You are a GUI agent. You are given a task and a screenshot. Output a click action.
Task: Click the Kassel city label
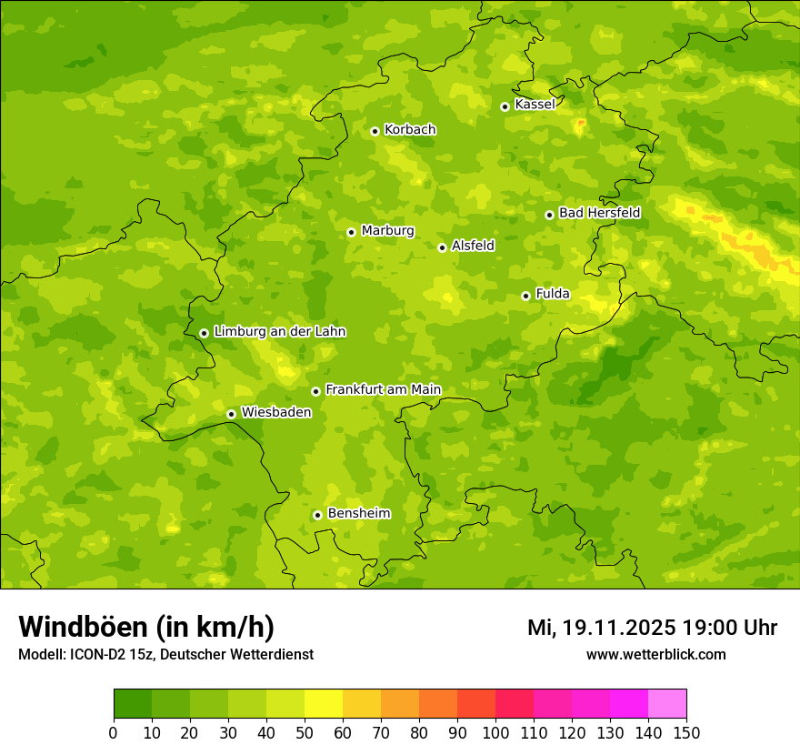tap(535, 105)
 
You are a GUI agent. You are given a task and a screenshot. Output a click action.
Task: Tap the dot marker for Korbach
tap(375, 131)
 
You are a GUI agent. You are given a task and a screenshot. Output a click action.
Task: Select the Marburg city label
tap(387, 231)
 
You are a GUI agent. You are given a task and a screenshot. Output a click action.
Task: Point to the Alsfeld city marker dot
tap(442, 247)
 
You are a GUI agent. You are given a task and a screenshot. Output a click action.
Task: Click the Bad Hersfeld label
tap(599, 213)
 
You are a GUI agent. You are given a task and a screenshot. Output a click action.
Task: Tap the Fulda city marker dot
tap(525, 296)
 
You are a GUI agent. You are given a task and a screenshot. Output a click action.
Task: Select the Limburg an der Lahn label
tap(279, 332)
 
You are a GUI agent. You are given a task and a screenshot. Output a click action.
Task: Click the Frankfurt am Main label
tap(383, 390)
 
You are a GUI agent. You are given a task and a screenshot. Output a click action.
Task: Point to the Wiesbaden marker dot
tap(231, 414)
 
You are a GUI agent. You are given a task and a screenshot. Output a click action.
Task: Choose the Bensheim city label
tap(358, 514)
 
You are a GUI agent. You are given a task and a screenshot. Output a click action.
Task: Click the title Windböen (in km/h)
tap(146, 628)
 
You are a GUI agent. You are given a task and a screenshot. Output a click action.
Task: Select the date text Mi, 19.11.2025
tap(601, 628)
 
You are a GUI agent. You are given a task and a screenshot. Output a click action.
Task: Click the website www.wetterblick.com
tap(655, 655)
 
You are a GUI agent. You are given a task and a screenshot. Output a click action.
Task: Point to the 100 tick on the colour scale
tap(495, 732)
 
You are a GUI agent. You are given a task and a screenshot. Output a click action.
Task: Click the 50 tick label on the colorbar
tap(305, 732)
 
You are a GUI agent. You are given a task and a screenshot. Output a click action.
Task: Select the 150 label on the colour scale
tap(686, 732)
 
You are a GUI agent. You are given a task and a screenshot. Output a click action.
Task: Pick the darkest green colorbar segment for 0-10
tap(133, 703)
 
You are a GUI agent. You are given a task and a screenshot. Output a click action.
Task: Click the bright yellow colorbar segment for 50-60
tap(324, 703)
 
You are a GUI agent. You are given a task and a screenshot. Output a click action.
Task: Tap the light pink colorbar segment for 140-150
tap(667, 703)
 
